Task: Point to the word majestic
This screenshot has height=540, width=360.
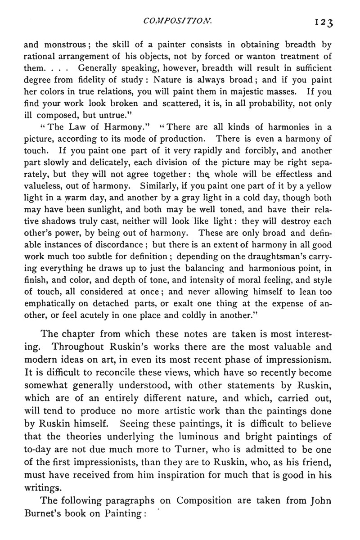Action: tap(234, 92)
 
